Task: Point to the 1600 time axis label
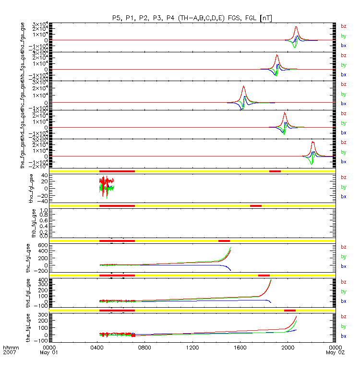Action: [x=240, y=347]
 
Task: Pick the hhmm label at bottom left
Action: [x=10, y=347]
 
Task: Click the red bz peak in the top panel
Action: [x=296, y=27]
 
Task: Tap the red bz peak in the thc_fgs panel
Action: [x=243, y=87]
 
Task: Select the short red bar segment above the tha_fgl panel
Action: [x=275, y=171]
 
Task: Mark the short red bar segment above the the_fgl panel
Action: [x=289, y=311]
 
